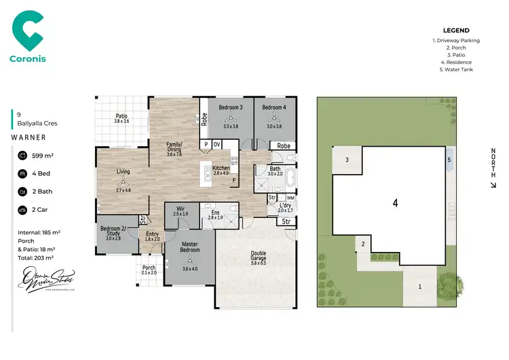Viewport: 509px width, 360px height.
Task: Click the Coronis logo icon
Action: [28, 31]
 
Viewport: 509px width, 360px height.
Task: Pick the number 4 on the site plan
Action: [395, 202]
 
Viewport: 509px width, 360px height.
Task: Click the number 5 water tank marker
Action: [449, 160]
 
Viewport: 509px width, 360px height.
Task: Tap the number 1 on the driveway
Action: [419, 287]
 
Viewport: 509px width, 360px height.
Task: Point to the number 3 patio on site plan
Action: [347, 160]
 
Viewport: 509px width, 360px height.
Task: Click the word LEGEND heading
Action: [455, 31]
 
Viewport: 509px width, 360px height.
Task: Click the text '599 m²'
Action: [42, 156]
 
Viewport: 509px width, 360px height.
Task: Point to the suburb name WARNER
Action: [29, 137]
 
